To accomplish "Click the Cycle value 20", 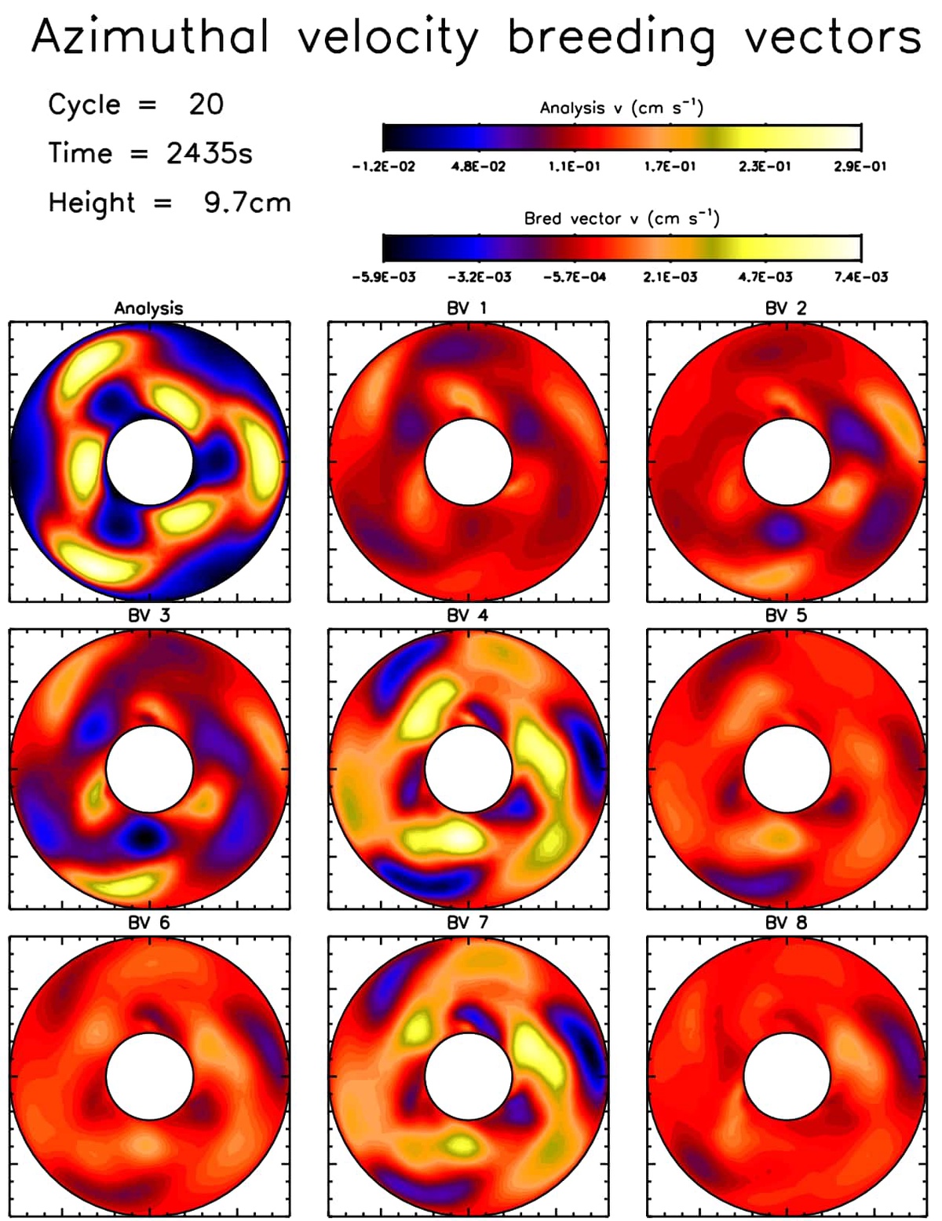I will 206,104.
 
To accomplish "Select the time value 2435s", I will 210,153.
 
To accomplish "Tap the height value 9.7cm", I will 247,203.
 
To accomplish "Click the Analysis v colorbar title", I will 621,108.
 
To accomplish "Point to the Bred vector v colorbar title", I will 621,218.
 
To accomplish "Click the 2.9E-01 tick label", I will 860,166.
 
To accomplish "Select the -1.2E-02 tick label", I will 384,166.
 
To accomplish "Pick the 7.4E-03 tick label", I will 861,277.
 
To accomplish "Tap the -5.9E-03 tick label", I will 384,277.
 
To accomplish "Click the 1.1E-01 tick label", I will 574,166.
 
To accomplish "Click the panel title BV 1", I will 467,309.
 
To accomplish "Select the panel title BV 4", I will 467,616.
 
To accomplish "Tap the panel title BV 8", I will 787,923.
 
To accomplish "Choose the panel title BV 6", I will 148,923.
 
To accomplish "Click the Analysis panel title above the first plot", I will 148,309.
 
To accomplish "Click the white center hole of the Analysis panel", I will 149,462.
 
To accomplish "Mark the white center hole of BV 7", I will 468,1076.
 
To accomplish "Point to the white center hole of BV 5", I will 787,769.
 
